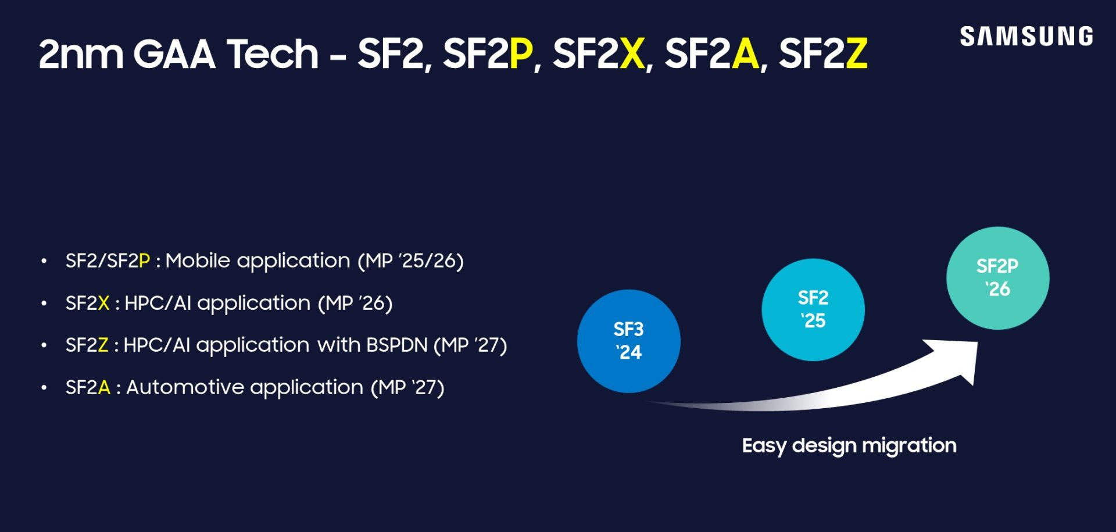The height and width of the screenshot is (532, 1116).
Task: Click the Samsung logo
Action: [x=1026, y=36]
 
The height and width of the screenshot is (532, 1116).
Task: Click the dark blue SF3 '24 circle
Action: [x=628, y=341]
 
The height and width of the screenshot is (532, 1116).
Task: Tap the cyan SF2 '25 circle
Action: [x=813, y=309]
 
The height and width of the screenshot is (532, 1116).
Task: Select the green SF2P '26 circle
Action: [x=997, y=278]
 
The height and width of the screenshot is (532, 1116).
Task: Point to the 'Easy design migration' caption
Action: [x=849, y=445]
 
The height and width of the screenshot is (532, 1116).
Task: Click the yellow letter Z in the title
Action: [x=856, y=53]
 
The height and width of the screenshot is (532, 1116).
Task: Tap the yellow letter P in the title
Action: [x=521, y=53]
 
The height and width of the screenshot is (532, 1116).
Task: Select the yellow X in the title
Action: [x=632, y=53]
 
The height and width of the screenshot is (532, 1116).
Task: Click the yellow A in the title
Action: [x=745, y=53]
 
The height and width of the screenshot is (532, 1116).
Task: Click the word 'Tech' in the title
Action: [x=273, y=53]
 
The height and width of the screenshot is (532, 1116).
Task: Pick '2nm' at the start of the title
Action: [x=81, y=53]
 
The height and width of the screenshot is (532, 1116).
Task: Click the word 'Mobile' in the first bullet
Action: [x=198, y=260]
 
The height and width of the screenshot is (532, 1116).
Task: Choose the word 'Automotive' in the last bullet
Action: [x=186, y=387]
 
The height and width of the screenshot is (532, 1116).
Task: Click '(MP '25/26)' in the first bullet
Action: [x=410, y=260]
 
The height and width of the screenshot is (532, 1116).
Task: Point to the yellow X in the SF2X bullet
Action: [x=103, y=303]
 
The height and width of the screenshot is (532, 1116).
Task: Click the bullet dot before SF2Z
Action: [x=44, y=345]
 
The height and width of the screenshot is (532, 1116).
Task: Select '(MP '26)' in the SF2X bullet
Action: [x=355, y=303]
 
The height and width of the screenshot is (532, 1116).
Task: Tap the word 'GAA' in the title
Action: [x=174, y=53]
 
